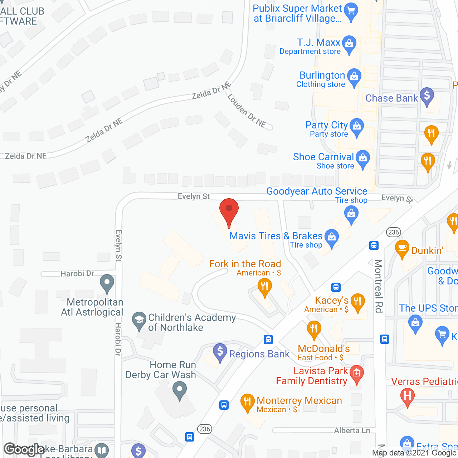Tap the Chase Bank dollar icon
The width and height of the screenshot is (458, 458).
(427, 96)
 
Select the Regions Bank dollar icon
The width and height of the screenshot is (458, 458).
(220, 351)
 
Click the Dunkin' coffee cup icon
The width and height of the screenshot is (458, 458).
(402, 248)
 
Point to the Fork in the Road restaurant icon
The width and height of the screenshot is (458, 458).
(264, 287)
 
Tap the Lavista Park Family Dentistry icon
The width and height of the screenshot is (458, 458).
(356, 373)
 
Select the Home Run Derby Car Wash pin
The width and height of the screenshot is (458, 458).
(180, 390)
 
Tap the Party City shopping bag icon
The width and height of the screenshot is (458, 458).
(356, 127)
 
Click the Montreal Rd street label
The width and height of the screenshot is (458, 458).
(379, 286)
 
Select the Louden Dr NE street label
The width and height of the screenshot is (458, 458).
(247, 111)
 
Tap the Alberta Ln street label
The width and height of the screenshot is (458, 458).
(352, 430)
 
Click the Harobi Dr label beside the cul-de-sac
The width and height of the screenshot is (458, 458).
(77, 274)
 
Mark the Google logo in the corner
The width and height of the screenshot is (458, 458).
(24, 449)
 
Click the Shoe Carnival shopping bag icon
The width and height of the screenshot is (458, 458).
(363, 159)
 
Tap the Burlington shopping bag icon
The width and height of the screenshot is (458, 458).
(354, 77)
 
